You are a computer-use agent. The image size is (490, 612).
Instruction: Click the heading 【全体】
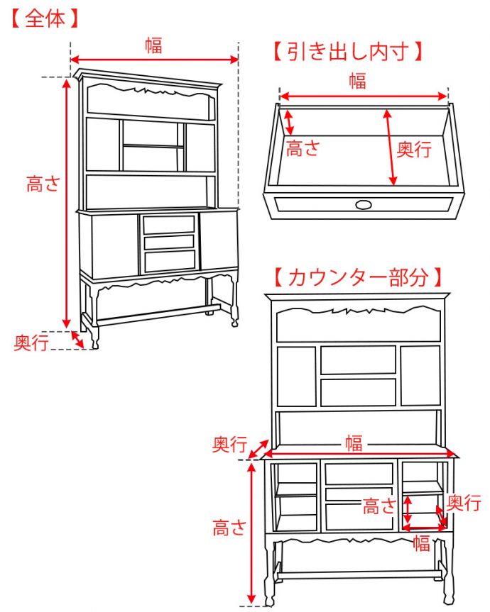(44, 19)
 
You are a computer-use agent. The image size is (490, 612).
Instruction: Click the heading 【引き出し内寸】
(348, 52)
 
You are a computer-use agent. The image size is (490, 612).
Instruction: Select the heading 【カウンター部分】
(358, 277)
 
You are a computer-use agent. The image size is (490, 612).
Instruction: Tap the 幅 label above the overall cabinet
(153, 45)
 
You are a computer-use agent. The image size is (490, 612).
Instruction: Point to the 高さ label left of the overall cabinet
(43, 184)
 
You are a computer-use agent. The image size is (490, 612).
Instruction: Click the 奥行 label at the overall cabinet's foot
(32, 343)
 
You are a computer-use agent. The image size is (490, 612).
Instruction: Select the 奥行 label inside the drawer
(413, 149)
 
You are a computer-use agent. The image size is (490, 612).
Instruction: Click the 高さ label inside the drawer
(303, 149)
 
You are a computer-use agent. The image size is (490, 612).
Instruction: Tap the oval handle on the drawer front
(364, 205)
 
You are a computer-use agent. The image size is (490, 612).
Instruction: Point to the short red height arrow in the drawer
(289, 121)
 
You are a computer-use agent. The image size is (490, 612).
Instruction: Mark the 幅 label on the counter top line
(354, 445)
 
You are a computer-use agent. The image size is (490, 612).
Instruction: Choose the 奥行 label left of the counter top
(229, 445)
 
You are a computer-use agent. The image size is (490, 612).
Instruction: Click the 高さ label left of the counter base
(229, 528)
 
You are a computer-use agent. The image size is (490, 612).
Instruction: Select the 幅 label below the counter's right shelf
(422, 544)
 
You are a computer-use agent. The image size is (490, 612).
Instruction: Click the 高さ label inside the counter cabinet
(379, 506)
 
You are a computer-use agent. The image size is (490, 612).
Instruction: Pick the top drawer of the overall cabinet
(169, 225)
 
